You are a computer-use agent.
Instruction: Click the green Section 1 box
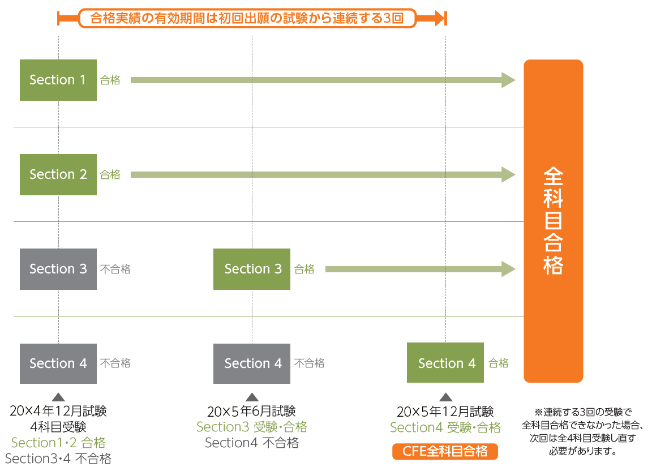[x=58, y=80]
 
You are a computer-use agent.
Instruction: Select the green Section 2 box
[x=58, y=174]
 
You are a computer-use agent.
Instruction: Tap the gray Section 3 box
[x=58, y=269]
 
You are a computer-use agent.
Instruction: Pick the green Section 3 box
[x=252, y=269]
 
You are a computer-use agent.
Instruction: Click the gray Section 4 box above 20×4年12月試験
[x=58, y=363]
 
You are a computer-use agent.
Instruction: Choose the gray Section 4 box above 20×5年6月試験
[x=252, y=363]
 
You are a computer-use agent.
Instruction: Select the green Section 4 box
[x=445, y=363]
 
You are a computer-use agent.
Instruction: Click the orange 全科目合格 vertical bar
[x=553, y=221]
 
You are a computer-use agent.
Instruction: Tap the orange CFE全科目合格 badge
[x=445, y=451]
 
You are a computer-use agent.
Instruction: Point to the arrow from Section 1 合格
[x=323, y=80]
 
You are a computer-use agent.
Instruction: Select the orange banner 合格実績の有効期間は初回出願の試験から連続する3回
[x=247, y=18]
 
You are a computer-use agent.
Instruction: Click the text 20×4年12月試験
[x=58, y=411]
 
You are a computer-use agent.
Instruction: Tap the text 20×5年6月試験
[x=252, y=411]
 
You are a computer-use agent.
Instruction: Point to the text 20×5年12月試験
[x=445, y=411]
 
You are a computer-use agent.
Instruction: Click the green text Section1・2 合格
[x=58, y=443]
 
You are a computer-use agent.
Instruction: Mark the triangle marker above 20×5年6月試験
[x=252, y=397]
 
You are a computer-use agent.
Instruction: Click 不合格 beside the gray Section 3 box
[x=115, y=269]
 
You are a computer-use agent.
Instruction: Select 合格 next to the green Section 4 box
[x=499, y=363]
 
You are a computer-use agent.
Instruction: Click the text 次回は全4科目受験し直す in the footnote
[x=582, y=438]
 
